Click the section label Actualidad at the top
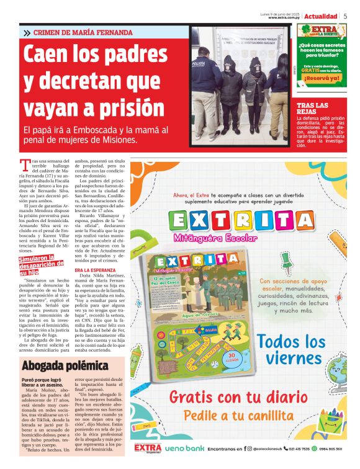coord(321,16)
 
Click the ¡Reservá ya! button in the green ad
coord(322,78)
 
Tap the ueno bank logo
coord(184,447)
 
